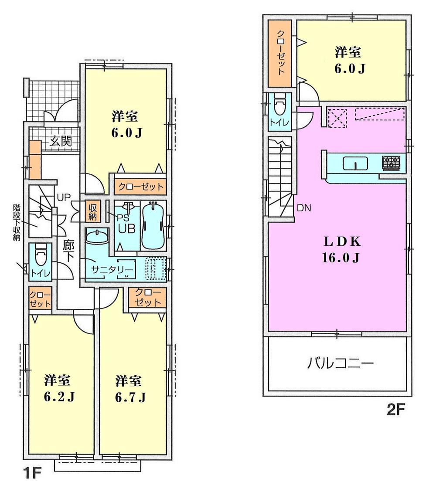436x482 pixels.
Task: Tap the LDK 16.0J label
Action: pyautogui.click(x=341, y=249)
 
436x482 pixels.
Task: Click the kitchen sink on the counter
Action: pyautogui.click(x=355, y=164)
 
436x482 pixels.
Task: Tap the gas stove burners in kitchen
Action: pyautogui.click(x=391, y=163)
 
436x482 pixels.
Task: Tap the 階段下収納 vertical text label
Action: pyautogui.click(x=16, y=223)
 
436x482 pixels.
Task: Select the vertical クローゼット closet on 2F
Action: pyautogui.click(x=281, y=54)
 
